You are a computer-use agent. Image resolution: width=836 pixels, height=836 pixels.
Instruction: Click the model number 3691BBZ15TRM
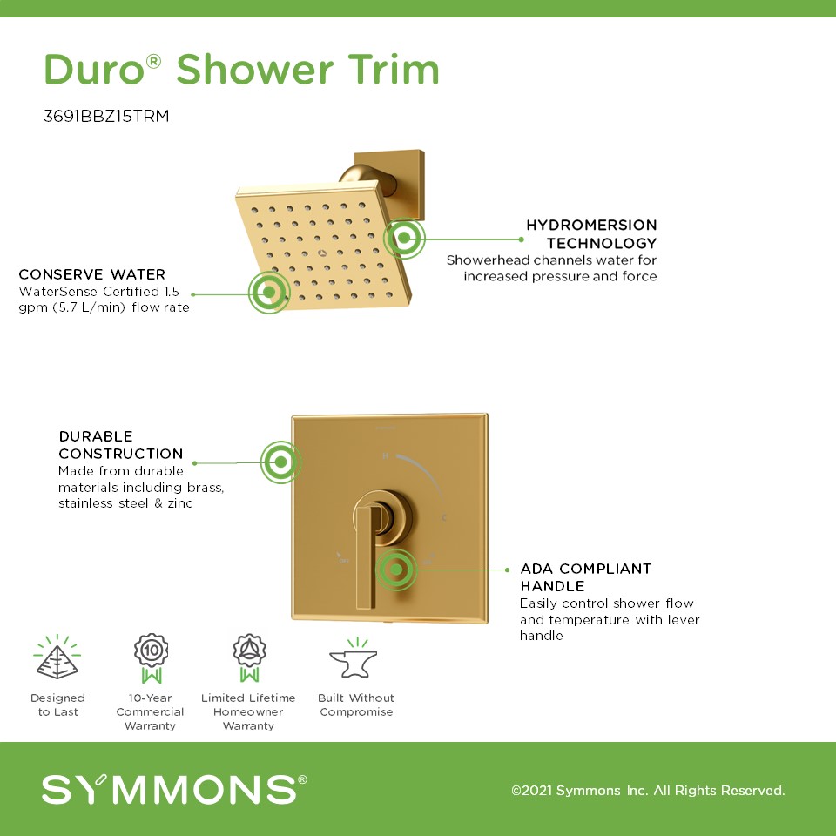coord(106,116)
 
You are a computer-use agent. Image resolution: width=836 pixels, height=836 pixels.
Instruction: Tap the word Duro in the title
coord(94,70)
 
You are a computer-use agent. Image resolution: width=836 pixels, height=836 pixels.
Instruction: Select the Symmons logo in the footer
coord(174,789)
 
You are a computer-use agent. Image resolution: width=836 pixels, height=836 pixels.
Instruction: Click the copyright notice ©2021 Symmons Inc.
coord(648,790)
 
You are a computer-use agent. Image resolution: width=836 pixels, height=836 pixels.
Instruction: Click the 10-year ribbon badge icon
coord(151,658)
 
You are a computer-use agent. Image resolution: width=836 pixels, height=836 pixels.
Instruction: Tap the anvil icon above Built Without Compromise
coord(354,658)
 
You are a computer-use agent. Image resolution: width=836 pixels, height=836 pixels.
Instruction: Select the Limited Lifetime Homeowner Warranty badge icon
coord(249,658)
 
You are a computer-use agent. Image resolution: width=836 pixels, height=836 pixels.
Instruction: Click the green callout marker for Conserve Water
coord(269,293)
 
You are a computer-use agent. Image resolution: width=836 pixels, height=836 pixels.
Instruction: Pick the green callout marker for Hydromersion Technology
coord(404,238)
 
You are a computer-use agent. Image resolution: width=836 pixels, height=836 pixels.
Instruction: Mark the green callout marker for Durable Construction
coord(281,462)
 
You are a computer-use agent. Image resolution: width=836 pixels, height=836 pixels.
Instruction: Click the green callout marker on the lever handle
coord(396,570)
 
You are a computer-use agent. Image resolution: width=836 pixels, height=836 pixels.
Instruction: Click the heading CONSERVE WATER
coord(91,274)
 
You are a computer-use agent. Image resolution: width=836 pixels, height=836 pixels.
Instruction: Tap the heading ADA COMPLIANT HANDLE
coord(585,577)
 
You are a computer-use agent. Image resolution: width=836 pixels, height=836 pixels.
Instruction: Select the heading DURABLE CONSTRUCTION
coord(121,445)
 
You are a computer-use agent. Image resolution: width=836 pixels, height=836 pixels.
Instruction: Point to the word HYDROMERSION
coord(591,225)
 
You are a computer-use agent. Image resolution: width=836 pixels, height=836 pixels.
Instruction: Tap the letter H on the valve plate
coord(385,455)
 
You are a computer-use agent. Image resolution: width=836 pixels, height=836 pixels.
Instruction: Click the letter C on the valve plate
coord(443,517)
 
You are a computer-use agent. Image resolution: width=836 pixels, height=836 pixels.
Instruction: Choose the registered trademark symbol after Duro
coord(153,61)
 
